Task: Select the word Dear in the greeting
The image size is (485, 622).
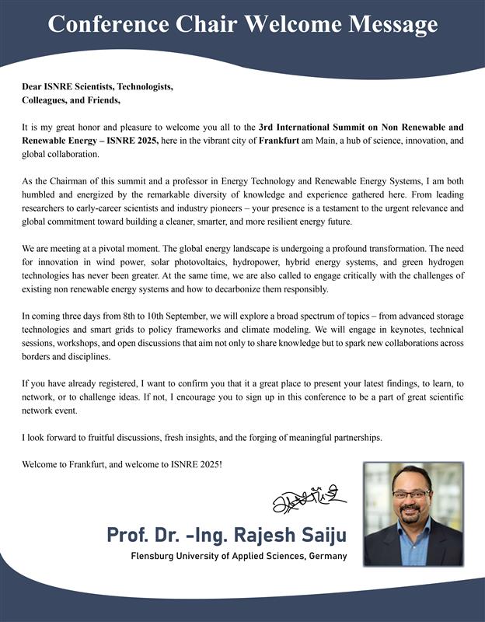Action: coord(33,86)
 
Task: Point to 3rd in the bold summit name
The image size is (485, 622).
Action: coord(268,127)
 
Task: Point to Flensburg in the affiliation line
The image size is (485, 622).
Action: coord(157,557)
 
